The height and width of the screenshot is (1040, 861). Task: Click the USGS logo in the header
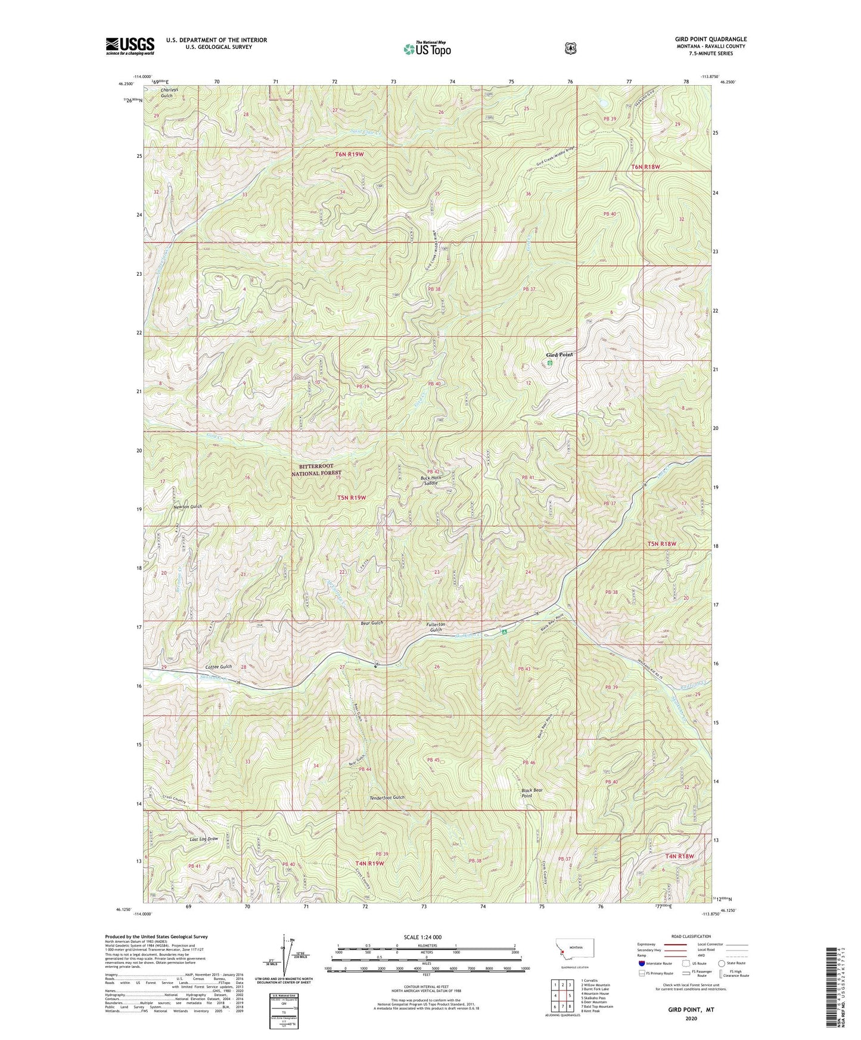130,45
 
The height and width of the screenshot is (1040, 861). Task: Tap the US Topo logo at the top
427,49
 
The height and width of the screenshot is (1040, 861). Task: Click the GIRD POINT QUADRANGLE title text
710,39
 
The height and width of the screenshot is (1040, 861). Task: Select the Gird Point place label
560,355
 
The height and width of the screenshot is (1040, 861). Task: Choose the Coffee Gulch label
218,667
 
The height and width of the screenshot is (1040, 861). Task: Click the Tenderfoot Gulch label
386,798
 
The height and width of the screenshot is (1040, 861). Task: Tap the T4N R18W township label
680,856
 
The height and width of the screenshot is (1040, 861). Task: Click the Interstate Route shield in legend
641,963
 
